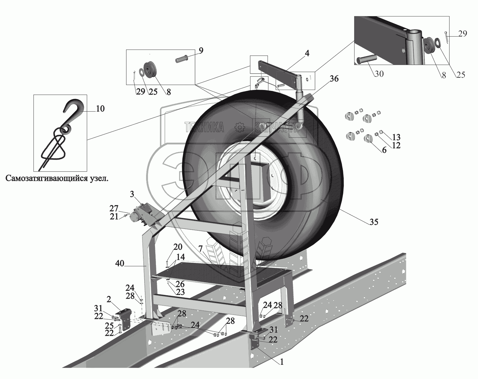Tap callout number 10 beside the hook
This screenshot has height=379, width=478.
[x=100, y=108]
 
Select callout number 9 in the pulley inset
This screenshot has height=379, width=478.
[x=201, y=51]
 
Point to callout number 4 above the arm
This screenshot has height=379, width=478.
[x=307, y=53]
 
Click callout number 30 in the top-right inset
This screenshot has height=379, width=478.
[x=379, y=74]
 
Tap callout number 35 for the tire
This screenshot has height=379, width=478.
[x=374, y=222]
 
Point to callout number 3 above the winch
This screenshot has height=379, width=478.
[x=132, y=194]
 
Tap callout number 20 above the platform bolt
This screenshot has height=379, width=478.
[x=177, y=247]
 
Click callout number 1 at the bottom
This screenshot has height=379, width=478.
[x=281, y=363]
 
